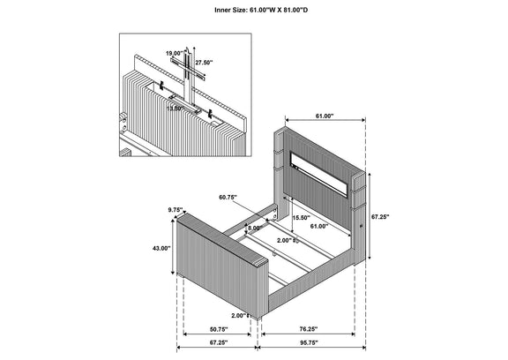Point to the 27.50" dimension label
coord(204,63)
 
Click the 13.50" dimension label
coord(176,109)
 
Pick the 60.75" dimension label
coord(228,197)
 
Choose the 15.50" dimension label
coord(301,218)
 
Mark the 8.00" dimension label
coord(255,229)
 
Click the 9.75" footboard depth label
coord(176,210)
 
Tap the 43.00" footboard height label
coord(161,249)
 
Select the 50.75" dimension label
coord(219,329)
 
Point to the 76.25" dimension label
coord(309,329)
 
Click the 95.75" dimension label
coord(309,343)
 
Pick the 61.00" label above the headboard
coord(325,116)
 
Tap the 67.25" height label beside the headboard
coord(380,217)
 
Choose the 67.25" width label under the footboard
coord(219,343)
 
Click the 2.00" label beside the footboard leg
coord(239,315)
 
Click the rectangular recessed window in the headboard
coord(319,174)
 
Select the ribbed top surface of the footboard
coord(222,238)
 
